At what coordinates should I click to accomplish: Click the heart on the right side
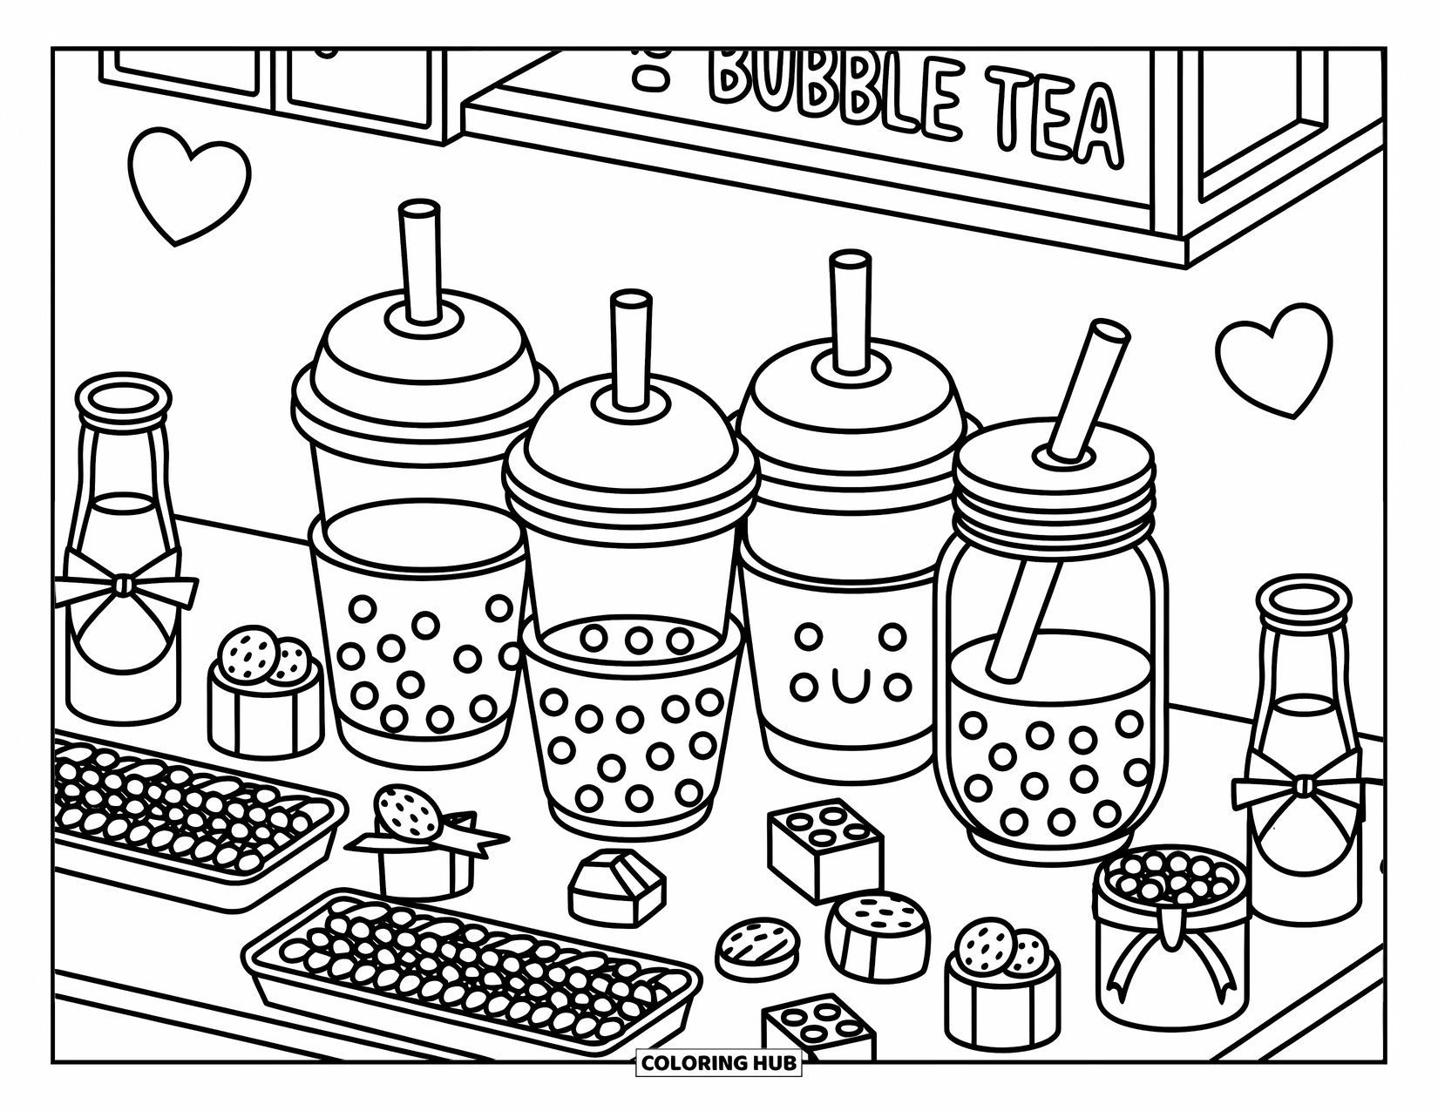pos(1273,357)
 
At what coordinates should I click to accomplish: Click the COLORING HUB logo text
pos(719,1062)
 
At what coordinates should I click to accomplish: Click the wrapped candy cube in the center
pos(615,885)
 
